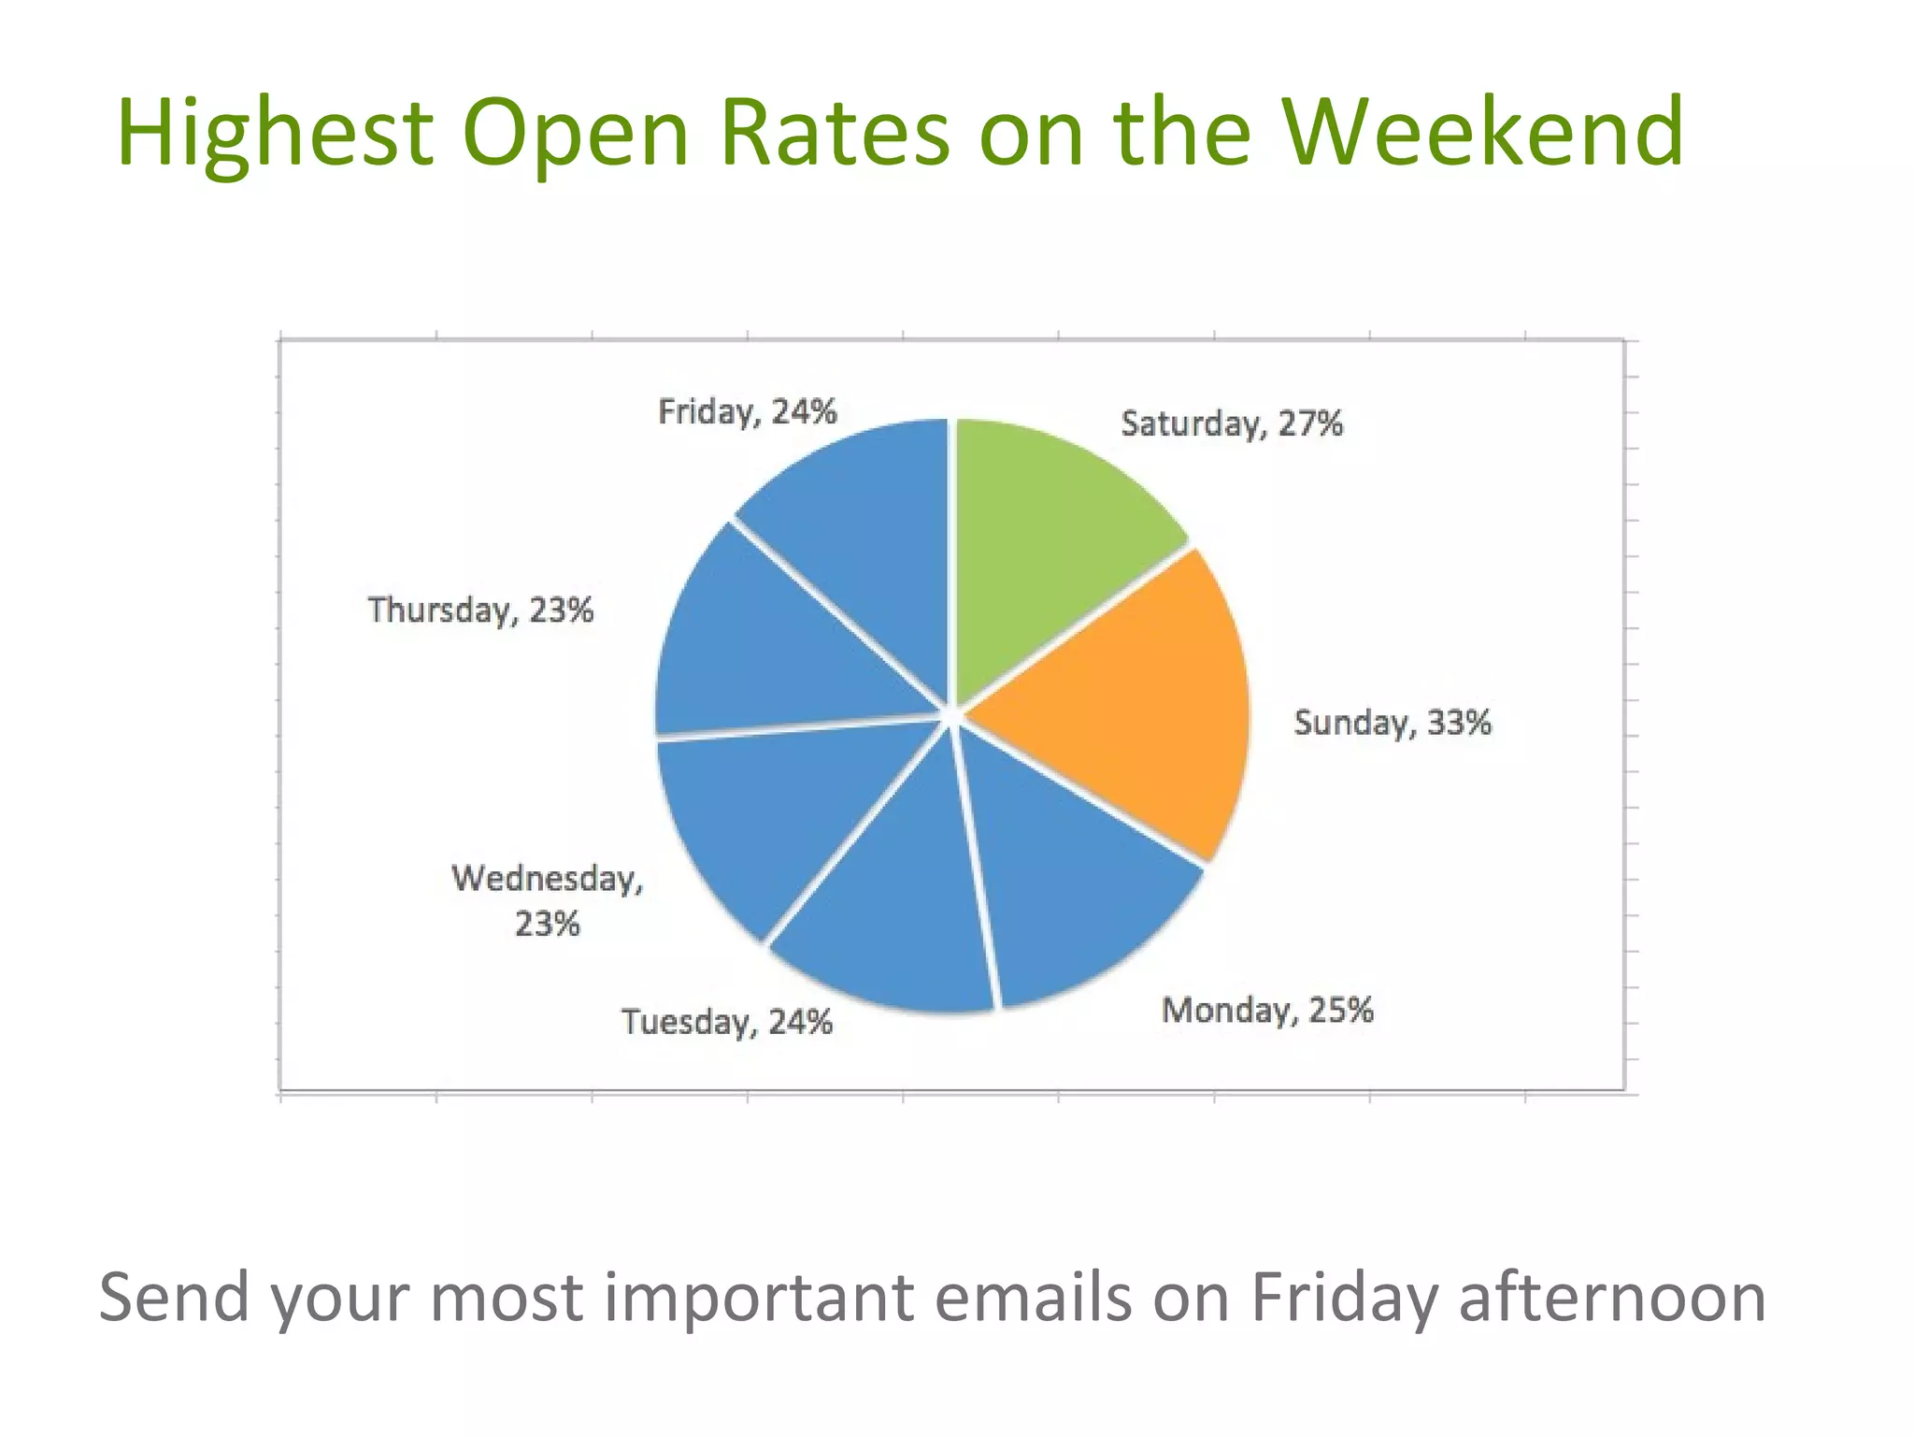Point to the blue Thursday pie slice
point(766,645)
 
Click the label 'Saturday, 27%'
point(1231,424)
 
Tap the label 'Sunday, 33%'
point(1392,723)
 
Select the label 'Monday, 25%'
point(1266,1011)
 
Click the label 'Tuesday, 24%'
point(726,1022)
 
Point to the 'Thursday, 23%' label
point(480,610)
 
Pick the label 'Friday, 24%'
point(747,412)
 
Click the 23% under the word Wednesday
point(548,925)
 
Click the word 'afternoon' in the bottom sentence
point(1611,1298)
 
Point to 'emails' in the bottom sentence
point(1032,1298)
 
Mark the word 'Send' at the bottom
point(174,1298)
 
